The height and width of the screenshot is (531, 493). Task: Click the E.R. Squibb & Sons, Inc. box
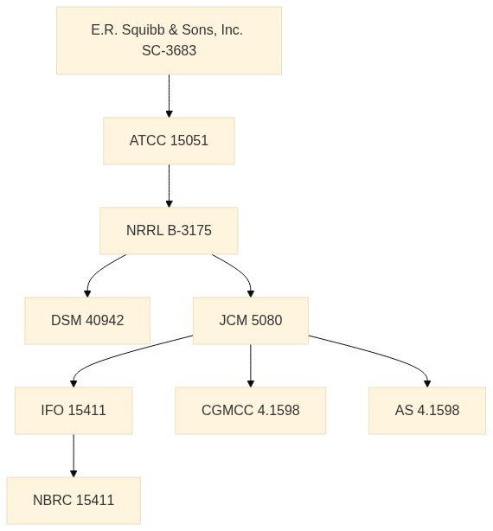pyautogui.click(x=169, y=41)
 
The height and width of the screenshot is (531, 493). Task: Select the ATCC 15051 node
pyautogui.click(x=169, y=141)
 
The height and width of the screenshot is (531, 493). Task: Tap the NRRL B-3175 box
pyautogui.click(x=169, y=231)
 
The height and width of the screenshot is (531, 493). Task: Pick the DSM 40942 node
pyautogui.click(x=87, y=321)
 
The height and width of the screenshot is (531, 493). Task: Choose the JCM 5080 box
pyautogui.click(x=251, y=321)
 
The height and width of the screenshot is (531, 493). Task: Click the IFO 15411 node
pyautogui.click(x=74, y=411)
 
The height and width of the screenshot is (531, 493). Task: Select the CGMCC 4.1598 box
pyautogui.click(x=251, y=411)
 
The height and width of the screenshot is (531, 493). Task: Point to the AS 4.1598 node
pyautogui.click(x=427, y=411)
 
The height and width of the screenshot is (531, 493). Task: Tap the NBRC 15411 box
pyautogui.click(x=74, y=501)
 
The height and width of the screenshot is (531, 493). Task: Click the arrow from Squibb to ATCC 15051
pyautogui.click(x=169, y=96)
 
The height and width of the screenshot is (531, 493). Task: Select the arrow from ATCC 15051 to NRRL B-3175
pyautogui.click(x=169, y=186)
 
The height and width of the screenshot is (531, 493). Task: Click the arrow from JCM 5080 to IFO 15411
pyautogui.click(x=112, y=357)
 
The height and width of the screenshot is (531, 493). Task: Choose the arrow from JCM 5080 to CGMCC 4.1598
pyautogui.click(x=251, y=366)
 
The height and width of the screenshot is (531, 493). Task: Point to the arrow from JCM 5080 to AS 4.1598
pyautogui.click(x=382, y=355)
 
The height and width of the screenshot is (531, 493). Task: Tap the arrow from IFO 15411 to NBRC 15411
pyautogui.click(x=74, y=456)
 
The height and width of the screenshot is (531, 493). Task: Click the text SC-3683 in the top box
pyautogui.click(x=169, y=50)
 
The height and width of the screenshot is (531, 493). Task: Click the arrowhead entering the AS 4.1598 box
pyautogui.click(x=427, y=384)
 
